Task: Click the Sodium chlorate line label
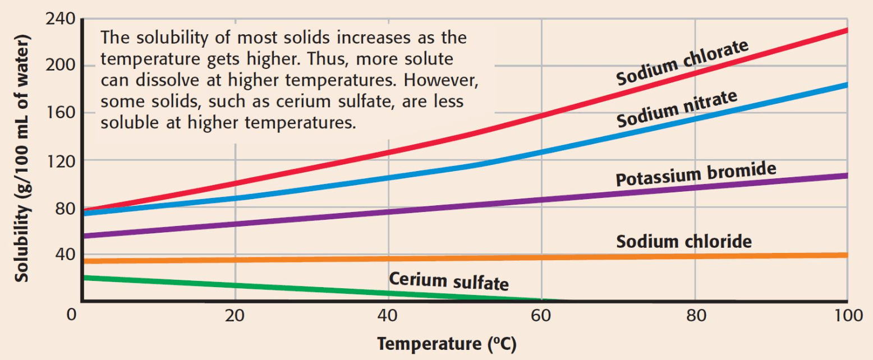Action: [x=682, y=63]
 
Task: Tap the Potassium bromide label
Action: [x=696, y=174]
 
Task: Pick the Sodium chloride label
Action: [x=683, y=241]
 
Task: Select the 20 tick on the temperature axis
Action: [x=235, y=315]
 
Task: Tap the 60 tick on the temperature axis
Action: [x=541, y=315]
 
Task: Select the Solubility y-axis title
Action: [x=22, y=160]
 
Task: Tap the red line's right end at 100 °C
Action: [x=846, y=30]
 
